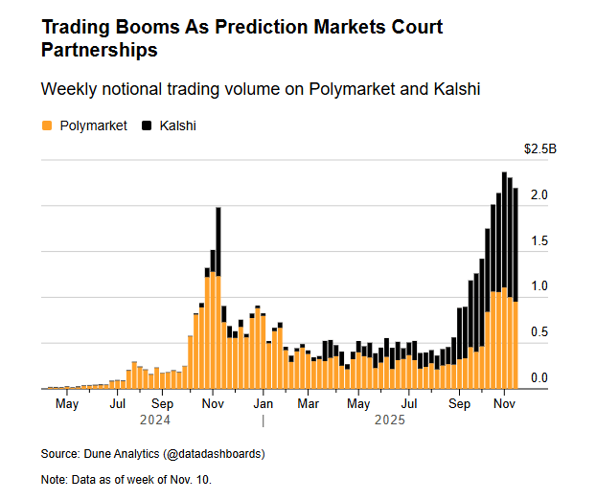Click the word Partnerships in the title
(100, 48)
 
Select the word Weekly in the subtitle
(69, 89)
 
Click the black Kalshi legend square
(146, 125)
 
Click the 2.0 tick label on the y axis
(539, 194)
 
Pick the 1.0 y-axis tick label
(539, 286)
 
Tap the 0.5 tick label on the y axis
(539, 332)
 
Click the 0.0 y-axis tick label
(539, 378)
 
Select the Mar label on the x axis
(309, 404)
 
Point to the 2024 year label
(155, 420)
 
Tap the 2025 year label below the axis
(390, 420)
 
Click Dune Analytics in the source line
(122, 453)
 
